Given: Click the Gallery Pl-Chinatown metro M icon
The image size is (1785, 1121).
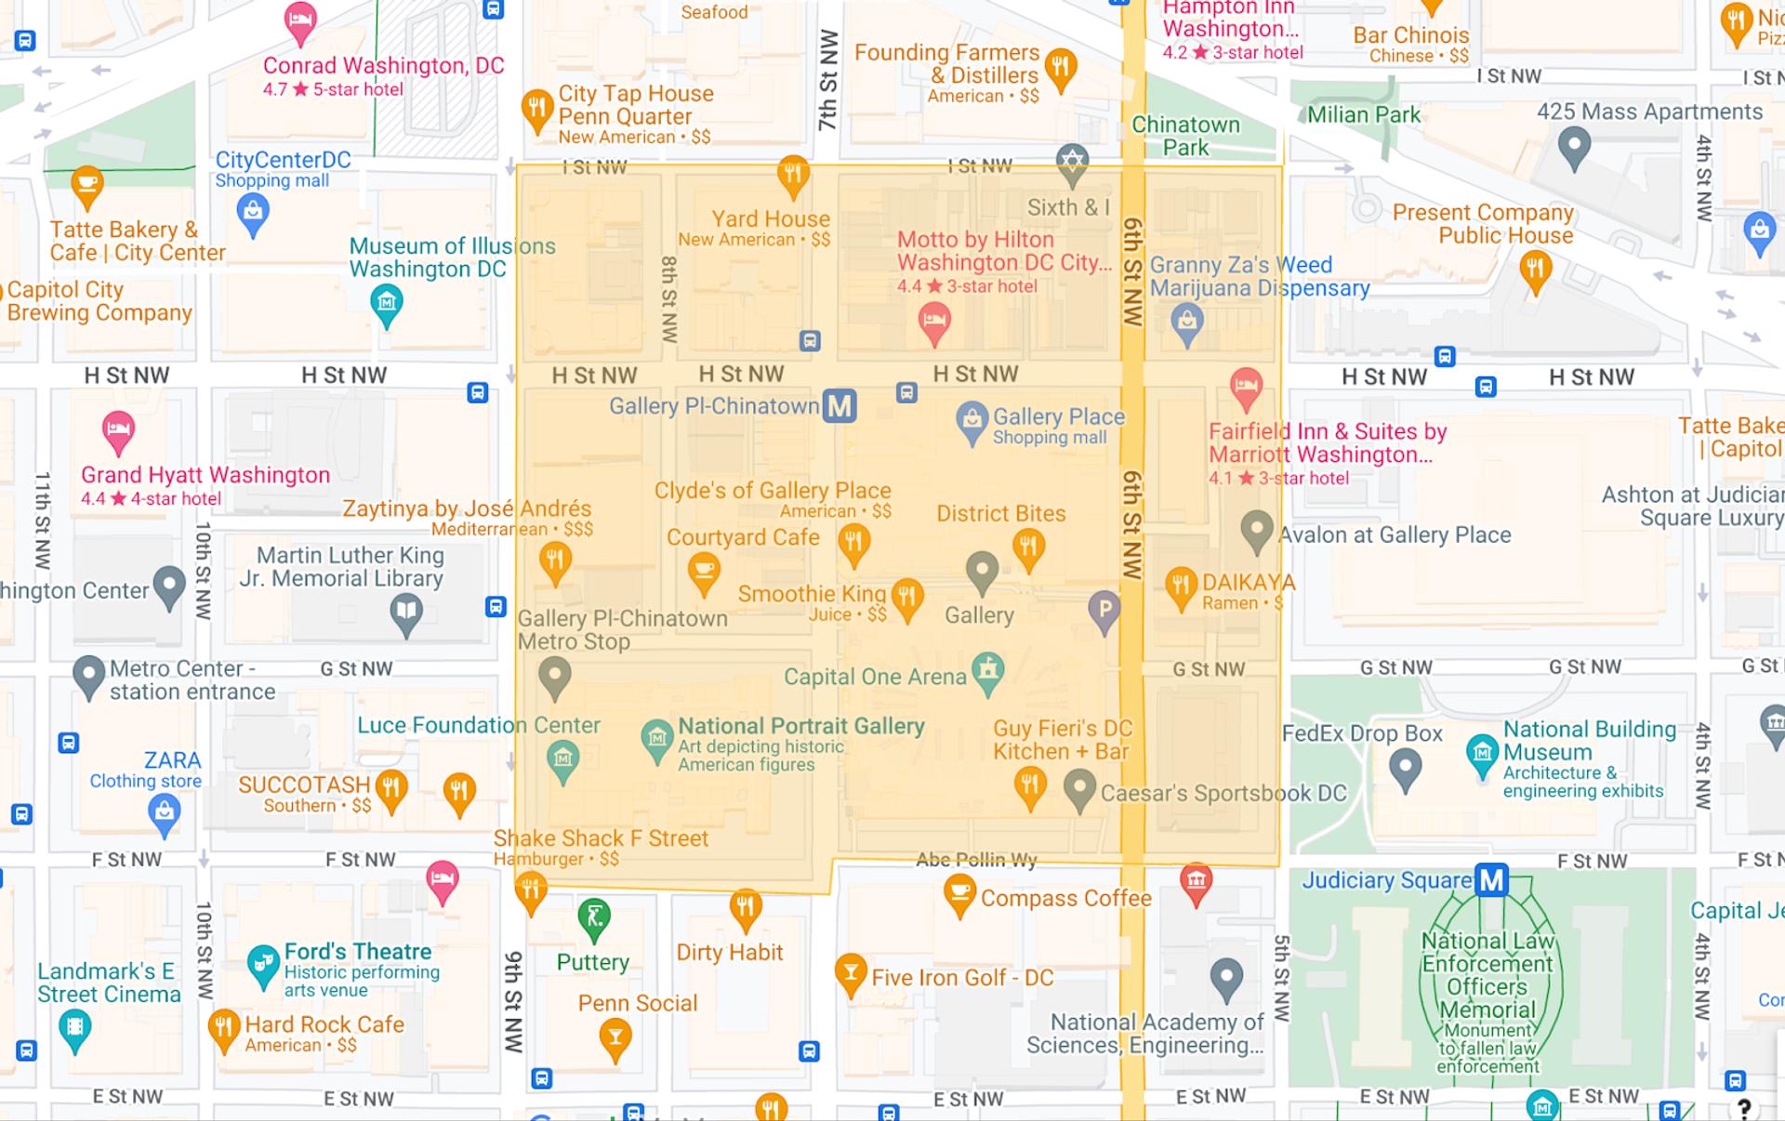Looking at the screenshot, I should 839,406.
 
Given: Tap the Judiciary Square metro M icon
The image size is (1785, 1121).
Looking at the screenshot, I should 1491,879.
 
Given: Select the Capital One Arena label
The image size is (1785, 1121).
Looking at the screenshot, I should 875,677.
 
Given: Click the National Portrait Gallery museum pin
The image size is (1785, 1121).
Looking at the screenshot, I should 657,740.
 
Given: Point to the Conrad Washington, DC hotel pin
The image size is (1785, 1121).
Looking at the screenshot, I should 299,22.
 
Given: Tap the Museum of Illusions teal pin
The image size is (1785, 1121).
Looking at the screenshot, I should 387,304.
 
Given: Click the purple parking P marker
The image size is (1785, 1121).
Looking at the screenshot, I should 1104,611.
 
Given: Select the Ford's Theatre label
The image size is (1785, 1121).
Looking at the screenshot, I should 358,951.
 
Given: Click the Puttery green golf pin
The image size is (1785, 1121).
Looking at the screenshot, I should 593,917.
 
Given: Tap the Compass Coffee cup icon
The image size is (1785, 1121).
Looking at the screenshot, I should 959,895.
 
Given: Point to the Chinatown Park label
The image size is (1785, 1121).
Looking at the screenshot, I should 1185,136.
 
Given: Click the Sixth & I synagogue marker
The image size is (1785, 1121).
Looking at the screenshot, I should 1072,164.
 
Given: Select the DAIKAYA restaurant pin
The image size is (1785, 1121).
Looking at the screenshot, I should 1181,587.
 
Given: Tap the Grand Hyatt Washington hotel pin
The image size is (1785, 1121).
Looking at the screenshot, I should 118,430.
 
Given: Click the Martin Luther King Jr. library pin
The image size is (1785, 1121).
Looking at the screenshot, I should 406,613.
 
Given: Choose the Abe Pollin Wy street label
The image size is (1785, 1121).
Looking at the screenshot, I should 975,860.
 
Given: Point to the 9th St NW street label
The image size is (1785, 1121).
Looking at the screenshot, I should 513,1001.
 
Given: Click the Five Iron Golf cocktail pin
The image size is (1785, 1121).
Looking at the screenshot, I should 850,972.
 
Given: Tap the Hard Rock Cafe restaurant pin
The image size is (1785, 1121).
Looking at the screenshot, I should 223,1028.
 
